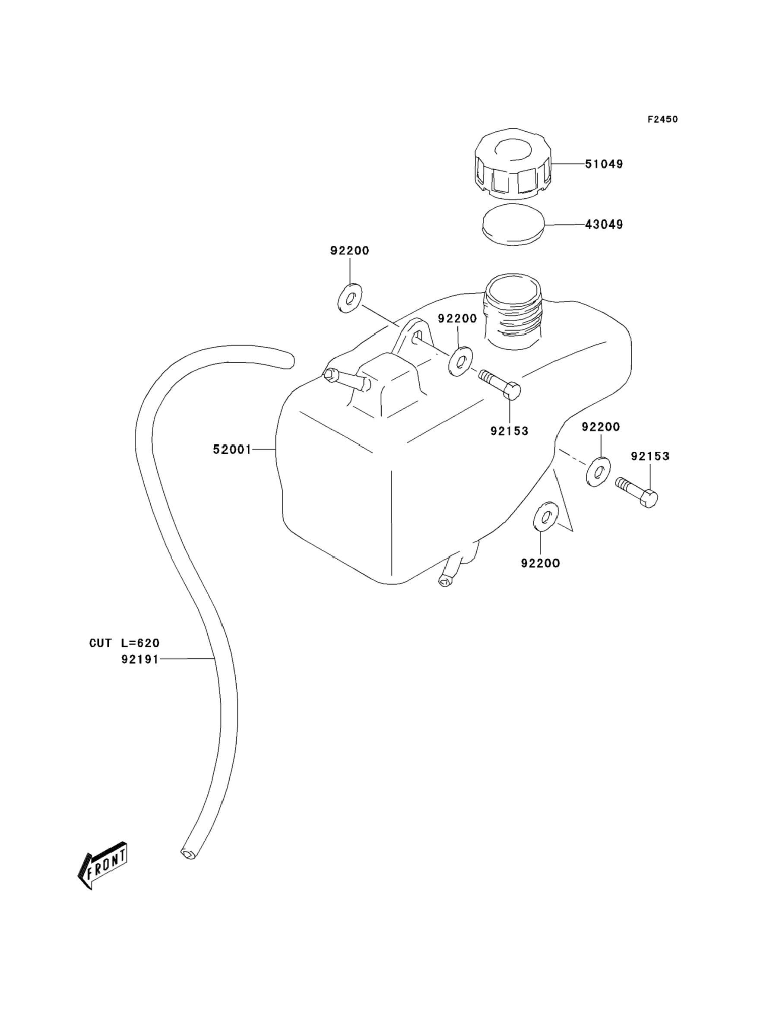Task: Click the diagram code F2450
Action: [662, 119]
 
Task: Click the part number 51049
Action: [604, 164]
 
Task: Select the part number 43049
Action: [604, 225]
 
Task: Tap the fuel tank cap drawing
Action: [513, 162]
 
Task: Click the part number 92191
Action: [140, 659]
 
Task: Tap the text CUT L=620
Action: [124, 643]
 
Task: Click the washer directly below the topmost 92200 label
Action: [350, 298]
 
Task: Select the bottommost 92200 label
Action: [541, 563]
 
